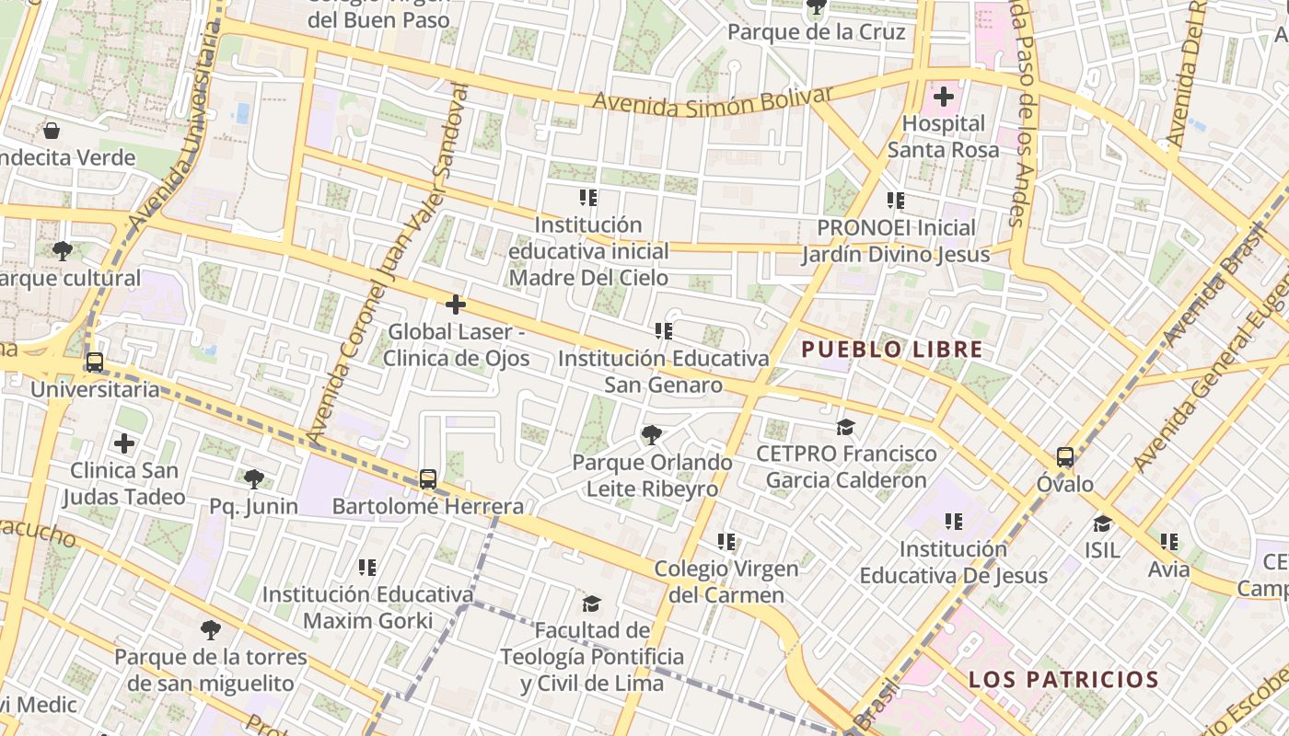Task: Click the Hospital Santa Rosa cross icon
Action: pyautogui.click(x=943, y=96)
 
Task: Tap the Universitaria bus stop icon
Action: pyautogui.click(x=94, y=362)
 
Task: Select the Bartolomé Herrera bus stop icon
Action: pyautogui.click(x=427, y=478)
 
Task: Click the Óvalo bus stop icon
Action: pyautogui.click(x=1064, y=456)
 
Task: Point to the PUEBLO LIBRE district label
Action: pyautogui.click(x=891, y=350)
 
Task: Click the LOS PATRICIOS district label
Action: pyautogui.click(x=1063, y=680)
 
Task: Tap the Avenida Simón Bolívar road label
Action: pyautogui.click(x=713, y=101)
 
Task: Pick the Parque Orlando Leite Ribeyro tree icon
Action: pyautogui.click(x=652, y=433)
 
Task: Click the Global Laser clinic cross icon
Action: pyautogui.click(x=455, y=304)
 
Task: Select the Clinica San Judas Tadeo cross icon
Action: pyautogui.click(x=124, y=443)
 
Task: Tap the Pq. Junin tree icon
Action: pyautogui.click(x=254, y=478)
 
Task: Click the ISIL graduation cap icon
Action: pyautogui.click(x=1102, y=523)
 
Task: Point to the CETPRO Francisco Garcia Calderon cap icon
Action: pyautogui.click(x=845, y=426)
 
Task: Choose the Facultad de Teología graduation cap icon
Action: pyautogui.click(x=591, y=604)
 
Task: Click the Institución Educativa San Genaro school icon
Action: pyautogui.click(x=663, y=330)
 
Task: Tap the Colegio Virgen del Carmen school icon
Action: pyautogui.click(x=726, y=542)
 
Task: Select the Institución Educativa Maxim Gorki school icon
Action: pyautogui.click(x=367, y=567)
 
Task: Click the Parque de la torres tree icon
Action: pyautogui.click(x=211, y=629)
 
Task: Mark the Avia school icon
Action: pyautogui.click(x=1168, y=542)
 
